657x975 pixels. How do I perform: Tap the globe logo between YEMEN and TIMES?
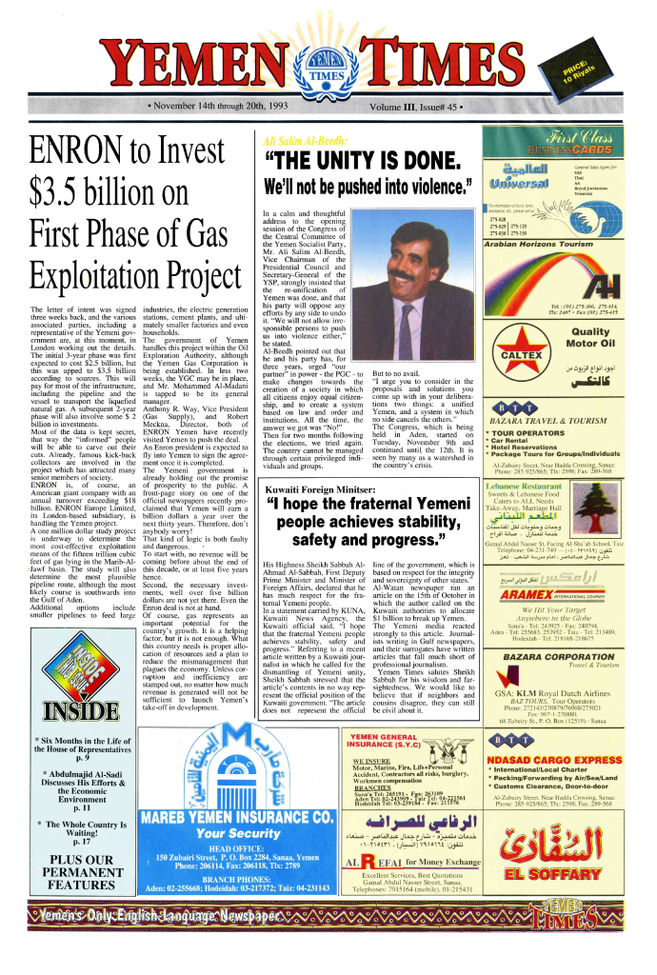[328, 76]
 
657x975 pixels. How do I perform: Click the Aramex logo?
[565, 592]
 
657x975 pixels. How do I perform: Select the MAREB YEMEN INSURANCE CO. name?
[237, 818]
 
